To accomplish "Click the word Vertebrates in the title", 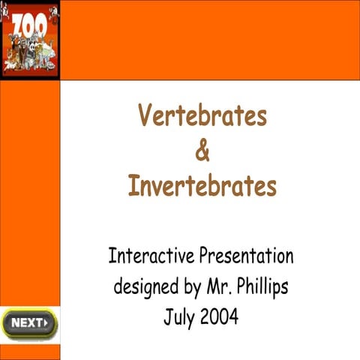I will (202, 116).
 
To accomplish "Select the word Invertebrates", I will (202, 184).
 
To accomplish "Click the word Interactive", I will (151, 256).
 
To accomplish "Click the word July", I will (179, 316).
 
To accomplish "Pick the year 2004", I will (220, 316).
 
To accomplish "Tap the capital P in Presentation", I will (202, 256).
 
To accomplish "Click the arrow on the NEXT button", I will (46, 323).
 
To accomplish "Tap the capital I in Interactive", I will (112, 256).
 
